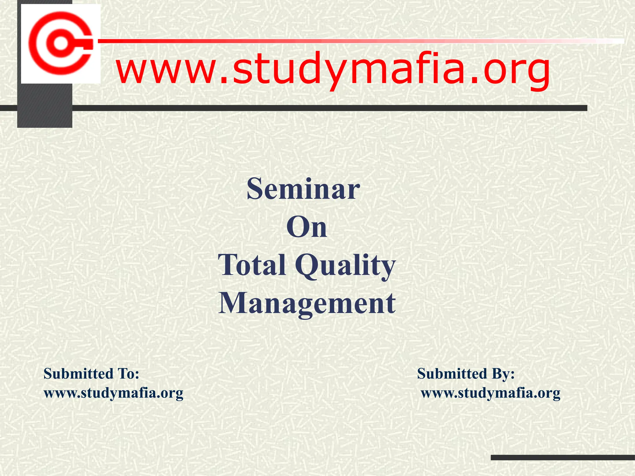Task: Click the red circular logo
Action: click(61, 44)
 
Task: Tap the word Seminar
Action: click(303, 189)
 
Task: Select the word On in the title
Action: click(307, 228)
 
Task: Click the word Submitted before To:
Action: click(78, 374)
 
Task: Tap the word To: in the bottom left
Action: click(128, 374)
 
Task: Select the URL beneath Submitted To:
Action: click(113, 393)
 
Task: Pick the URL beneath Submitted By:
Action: click(491, 393)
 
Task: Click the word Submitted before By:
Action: click(452, 374)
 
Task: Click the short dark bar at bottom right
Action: click(563, 457)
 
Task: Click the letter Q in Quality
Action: click(307, 265)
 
